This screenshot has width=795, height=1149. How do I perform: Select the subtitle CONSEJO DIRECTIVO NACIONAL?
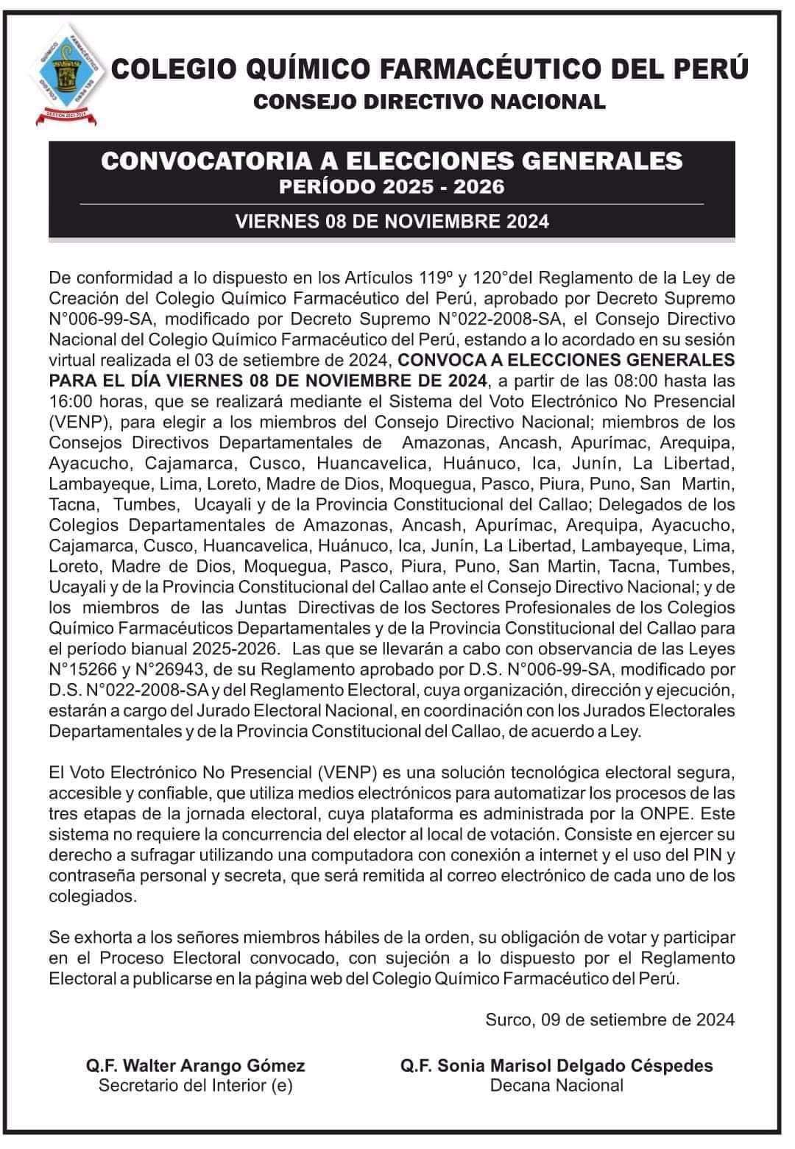click(x=429, y=102)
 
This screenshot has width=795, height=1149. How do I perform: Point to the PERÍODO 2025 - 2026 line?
click(x=392, y=186)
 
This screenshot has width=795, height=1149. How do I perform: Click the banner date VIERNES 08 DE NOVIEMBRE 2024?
click(x=392, y=222)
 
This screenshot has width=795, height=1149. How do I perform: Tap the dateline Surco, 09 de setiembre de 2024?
click(x=609, y=1019)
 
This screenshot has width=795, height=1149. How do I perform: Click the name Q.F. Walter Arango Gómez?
click(x=195, y=1066)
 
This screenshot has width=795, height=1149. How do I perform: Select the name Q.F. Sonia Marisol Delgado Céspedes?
click(x=556, y=1066)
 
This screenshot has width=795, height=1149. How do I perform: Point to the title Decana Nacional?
click(x=556, y=1085)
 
